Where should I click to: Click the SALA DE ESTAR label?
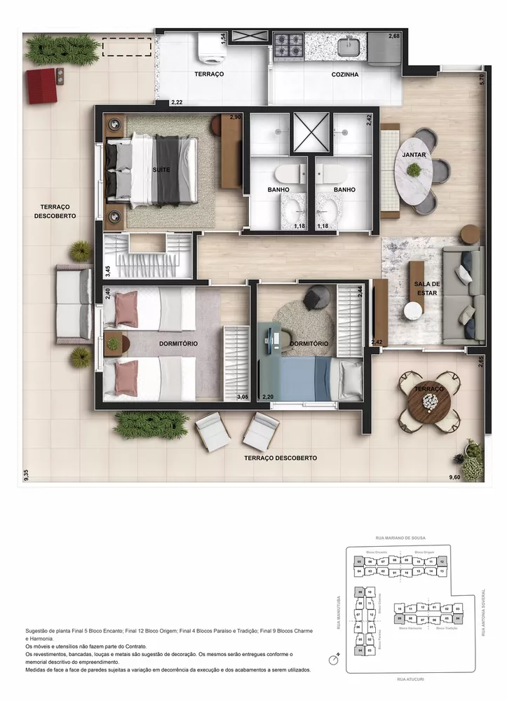tap(426, 289)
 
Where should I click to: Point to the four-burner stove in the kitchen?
tap(288, 46)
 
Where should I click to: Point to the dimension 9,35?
tap(26, 475)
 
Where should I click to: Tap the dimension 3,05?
tap(243, 397)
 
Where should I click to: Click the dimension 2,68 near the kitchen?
tap(394, 36)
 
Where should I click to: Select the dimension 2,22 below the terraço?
tap(176, 103)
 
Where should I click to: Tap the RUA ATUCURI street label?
tap(410, 679)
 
